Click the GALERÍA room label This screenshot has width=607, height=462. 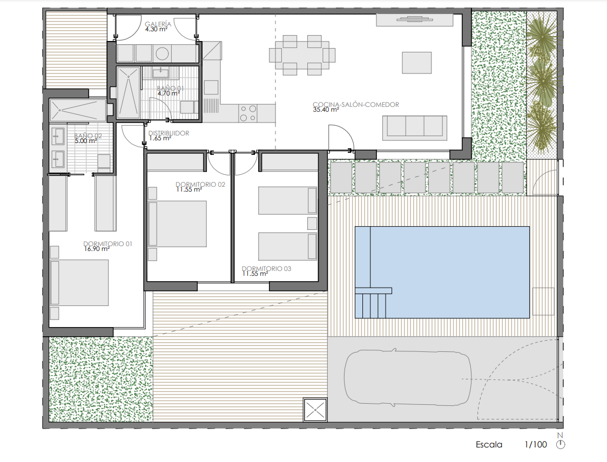(x=158, y=24)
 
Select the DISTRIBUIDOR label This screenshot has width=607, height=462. (x=169, y=133)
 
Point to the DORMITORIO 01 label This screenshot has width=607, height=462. (x=107, y=244)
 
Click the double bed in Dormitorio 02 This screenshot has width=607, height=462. (x=177, y=223)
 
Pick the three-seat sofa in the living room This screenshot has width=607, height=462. (x=415, y=128)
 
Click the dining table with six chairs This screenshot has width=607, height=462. (x=302, y=55)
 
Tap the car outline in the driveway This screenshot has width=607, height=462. (x=408, y=378)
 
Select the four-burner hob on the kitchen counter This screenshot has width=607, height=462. (x=248, y=113)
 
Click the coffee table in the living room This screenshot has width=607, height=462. (x=416, y=63)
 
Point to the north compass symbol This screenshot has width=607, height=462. (x=560, y=445)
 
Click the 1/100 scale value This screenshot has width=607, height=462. (x=536, y=445)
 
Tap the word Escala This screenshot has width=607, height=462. (x=489, y=445)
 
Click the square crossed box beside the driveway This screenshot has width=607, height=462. (x=315, y=409)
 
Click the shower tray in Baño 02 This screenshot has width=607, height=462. (x=78, y=110)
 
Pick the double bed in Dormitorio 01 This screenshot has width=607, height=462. (x=79, y=283)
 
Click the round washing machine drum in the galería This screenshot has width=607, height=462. (x=162, y=54)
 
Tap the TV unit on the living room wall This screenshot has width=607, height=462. (x=415, y=20)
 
